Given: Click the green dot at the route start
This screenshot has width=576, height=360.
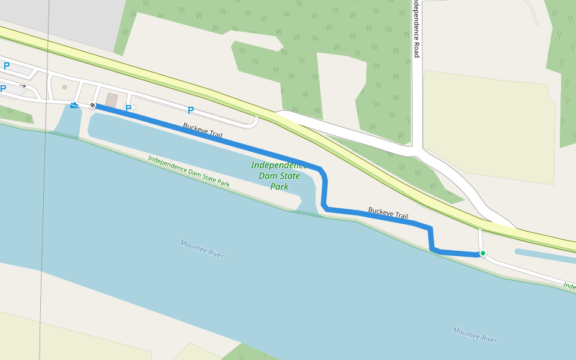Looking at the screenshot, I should click(482, 253).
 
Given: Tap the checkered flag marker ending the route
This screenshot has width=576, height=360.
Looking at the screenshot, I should click(92, 106).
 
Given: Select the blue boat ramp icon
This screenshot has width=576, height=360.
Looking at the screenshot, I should click(74, 106).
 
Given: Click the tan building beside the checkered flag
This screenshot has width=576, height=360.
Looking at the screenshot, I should click(112, 100).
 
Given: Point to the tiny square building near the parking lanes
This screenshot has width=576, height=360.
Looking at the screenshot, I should click(64, 87).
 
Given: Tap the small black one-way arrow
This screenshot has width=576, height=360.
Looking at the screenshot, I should click(23, 86).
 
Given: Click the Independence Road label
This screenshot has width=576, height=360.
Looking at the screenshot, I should click(416, 29).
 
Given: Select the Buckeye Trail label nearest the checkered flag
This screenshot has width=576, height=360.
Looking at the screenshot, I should click(203, 131).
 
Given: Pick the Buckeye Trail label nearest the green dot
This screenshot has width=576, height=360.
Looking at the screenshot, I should click(388, 213).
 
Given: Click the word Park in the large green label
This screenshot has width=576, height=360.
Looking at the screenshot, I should click(279, 187).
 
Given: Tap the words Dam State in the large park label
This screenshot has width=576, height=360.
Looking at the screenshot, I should click(279, 176).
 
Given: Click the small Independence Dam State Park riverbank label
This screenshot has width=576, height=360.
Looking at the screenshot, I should click(188, 172).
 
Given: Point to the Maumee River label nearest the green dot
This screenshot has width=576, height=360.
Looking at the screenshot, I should click(475, 335).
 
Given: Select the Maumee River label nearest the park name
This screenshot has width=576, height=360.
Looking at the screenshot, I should click(202, 249).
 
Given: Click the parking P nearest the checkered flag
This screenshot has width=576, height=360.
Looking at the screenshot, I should click(128, 109).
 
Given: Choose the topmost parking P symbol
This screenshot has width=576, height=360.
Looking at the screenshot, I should click(7, 66).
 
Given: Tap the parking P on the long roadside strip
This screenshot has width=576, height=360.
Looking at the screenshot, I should click(191, 110).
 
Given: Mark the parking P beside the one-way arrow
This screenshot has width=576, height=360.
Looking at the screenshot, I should click(3, 89).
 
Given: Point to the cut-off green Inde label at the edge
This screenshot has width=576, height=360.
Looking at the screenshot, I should click(569, 286).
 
